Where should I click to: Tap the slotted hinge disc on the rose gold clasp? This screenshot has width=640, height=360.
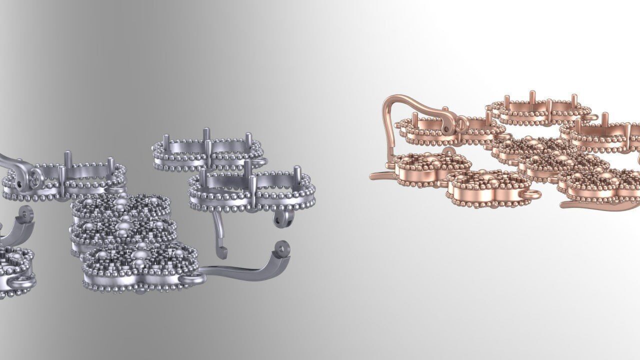click(460, 123)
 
